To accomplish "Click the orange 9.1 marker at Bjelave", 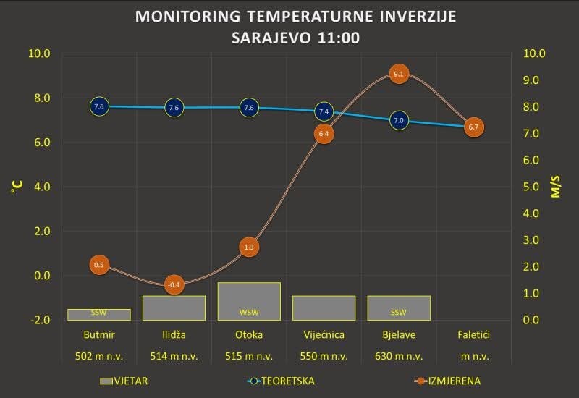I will point(399,74).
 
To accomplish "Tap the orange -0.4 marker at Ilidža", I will point(174,285).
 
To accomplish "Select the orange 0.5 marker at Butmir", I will point(99,265).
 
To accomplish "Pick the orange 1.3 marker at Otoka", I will point(249,247).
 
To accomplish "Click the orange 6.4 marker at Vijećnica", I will point(324,134).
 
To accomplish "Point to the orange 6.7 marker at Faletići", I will point(473,127).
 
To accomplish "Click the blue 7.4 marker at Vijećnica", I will point(324,111).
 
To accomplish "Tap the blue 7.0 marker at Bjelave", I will point(399,120).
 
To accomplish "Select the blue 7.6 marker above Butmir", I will point(99,106).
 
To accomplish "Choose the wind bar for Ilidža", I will point(174,308).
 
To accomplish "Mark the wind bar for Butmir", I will point(99,314).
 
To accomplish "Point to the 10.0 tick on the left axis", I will point(38,54).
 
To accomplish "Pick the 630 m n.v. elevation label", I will point(399,356).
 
